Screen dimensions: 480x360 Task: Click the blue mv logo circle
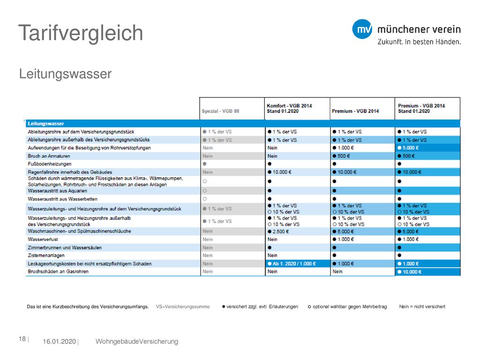coord(362,29)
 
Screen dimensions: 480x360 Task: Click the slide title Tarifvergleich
coord(81,33)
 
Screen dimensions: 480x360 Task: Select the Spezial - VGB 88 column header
coord(220,111)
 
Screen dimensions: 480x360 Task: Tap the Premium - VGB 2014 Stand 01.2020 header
coord(421,108)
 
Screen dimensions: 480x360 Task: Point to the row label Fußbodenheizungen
coord(50,164)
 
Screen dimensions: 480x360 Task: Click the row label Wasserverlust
coord(43,240)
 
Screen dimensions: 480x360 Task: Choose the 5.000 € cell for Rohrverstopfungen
coord(408,148)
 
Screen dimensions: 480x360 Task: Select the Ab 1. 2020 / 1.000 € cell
coord(292,263)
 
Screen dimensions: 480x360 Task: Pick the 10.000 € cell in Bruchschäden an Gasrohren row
coord(410,272)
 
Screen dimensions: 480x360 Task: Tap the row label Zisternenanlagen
coord(46,255)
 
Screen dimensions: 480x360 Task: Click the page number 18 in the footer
coord(22,339)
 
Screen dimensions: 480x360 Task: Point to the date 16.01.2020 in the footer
coord(59,342)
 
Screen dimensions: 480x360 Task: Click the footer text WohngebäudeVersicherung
coord(137,342)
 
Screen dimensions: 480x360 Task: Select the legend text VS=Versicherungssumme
coord(183,307)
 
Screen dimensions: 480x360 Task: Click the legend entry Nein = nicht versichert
coord(422,307)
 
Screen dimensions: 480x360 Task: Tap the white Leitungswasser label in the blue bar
coord(46,124)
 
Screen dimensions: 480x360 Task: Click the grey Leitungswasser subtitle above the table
coord(65,74)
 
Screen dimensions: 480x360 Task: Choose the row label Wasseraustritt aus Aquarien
coord(58,191)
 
